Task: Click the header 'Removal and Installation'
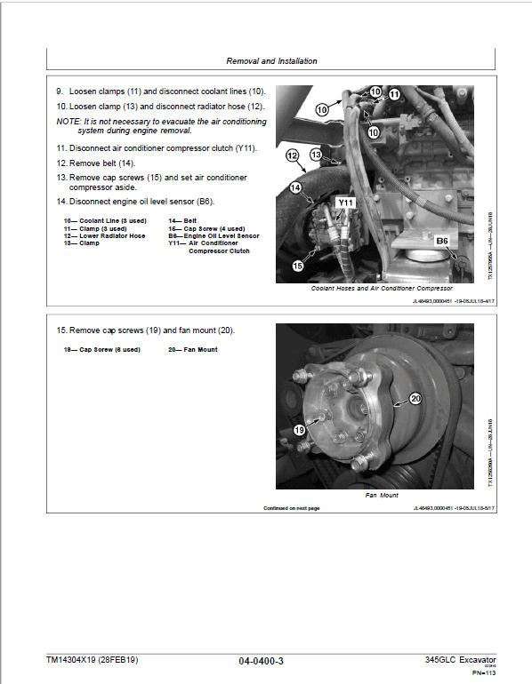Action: pyautogui.click(x=272, y=61)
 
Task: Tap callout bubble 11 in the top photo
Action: pyautogui.click(x=394, y=93)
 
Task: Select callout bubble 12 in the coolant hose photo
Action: pyautogui.click(x=291, y=155)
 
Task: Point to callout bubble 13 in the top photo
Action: pyautogui.click(x=314, y=155)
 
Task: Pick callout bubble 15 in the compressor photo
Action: pyautogui.click(x=298, y=266)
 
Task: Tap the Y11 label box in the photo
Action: pyautogui.click(x=345, y=203)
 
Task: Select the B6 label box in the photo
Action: pyautogui.click(x=442, y=241)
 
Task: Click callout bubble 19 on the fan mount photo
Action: pyautogui.click(x=300, y=429)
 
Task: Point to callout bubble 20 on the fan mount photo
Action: pyautogui.click(x=414, y=399)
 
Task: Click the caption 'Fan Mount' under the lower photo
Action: pyautogui.click(x=382, y=496)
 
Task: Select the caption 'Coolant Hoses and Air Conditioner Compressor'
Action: pyautogui.click(x=382, y=289)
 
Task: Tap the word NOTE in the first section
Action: pyautogui.click(x=68, y=120)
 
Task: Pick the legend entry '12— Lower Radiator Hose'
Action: pyautogui.click(x=104, y=235)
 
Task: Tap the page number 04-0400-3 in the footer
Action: pyautogui.click(x=262, y=661)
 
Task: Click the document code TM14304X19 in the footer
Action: pyautogui.click(x=71, y=660)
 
